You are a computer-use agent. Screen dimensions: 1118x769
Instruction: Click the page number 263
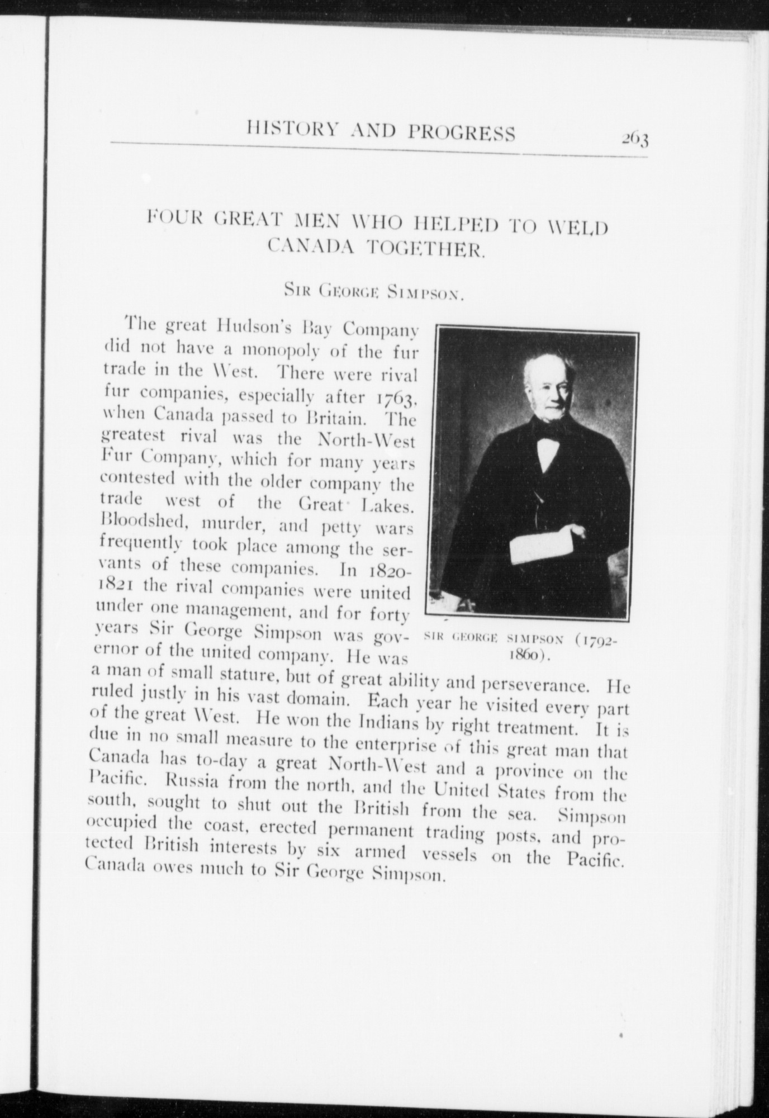point(634,138)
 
